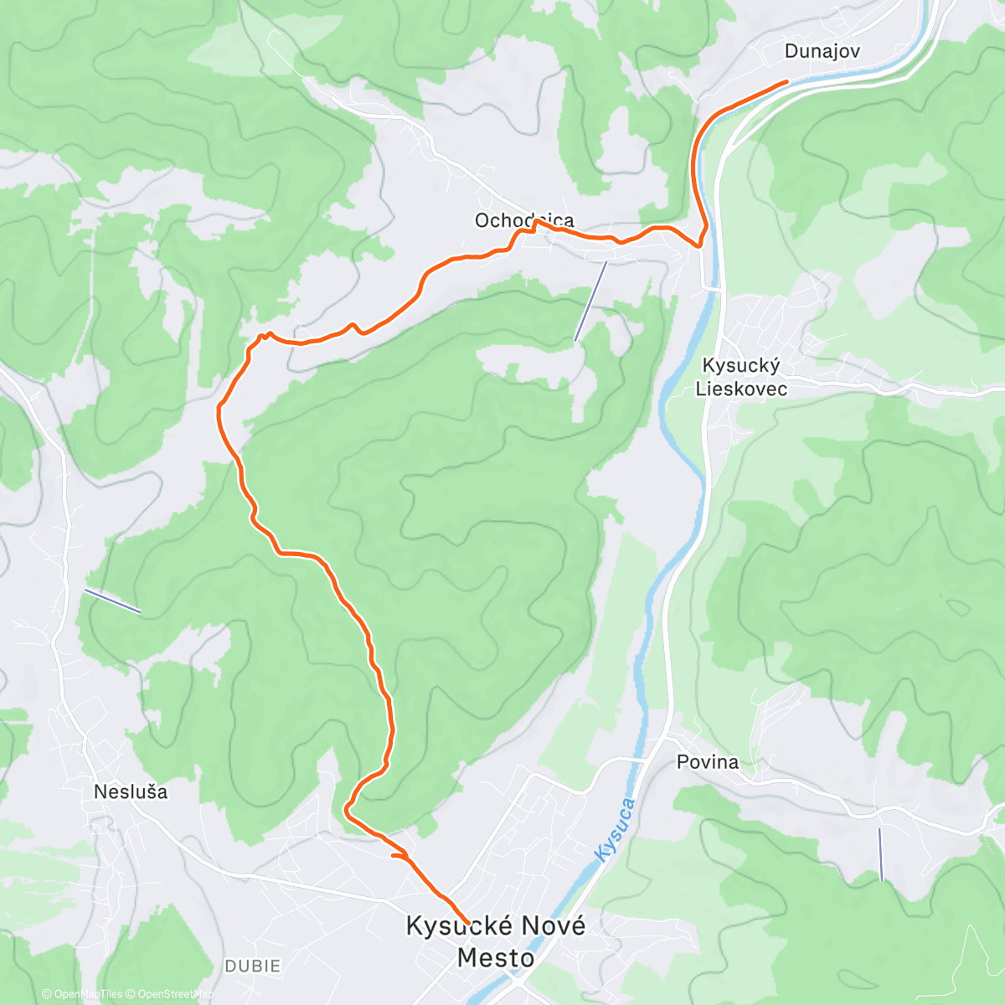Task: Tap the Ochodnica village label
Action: [x=524, y=220]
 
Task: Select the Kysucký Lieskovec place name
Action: [x=741, y=377]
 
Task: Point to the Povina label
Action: [x=708, y=762]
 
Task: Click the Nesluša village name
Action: [x=131, y=791]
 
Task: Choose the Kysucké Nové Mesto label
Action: [x=496, y=941]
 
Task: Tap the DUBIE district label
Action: [x=252, y=966]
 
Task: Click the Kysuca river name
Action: [x=616, y=829]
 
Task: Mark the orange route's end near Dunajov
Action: [x=786, y=81]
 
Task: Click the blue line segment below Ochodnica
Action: [x=590, y=300]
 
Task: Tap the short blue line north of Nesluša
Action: [x=112, y=600]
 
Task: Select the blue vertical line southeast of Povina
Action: [x=880, y=854]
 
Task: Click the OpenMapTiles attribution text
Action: [x=82, y=994]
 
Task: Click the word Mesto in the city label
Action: [x=496, y=957]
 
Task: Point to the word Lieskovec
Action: [x=741, y=389]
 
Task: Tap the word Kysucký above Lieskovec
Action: [x=741, y=366]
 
